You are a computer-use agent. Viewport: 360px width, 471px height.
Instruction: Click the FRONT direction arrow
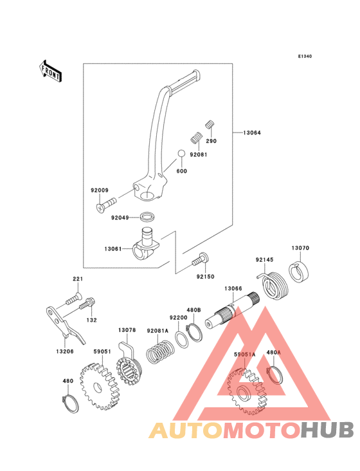(50, 71)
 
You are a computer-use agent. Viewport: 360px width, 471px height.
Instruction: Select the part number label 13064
(252, 133)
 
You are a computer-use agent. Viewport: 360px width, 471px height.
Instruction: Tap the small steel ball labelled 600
(181, 154)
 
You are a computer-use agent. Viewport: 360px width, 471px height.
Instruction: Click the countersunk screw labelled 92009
(105, 204)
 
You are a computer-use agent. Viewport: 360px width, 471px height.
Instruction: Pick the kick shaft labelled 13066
(233, 311)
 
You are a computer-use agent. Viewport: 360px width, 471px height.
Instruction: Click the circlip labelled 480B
(195, 333)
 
